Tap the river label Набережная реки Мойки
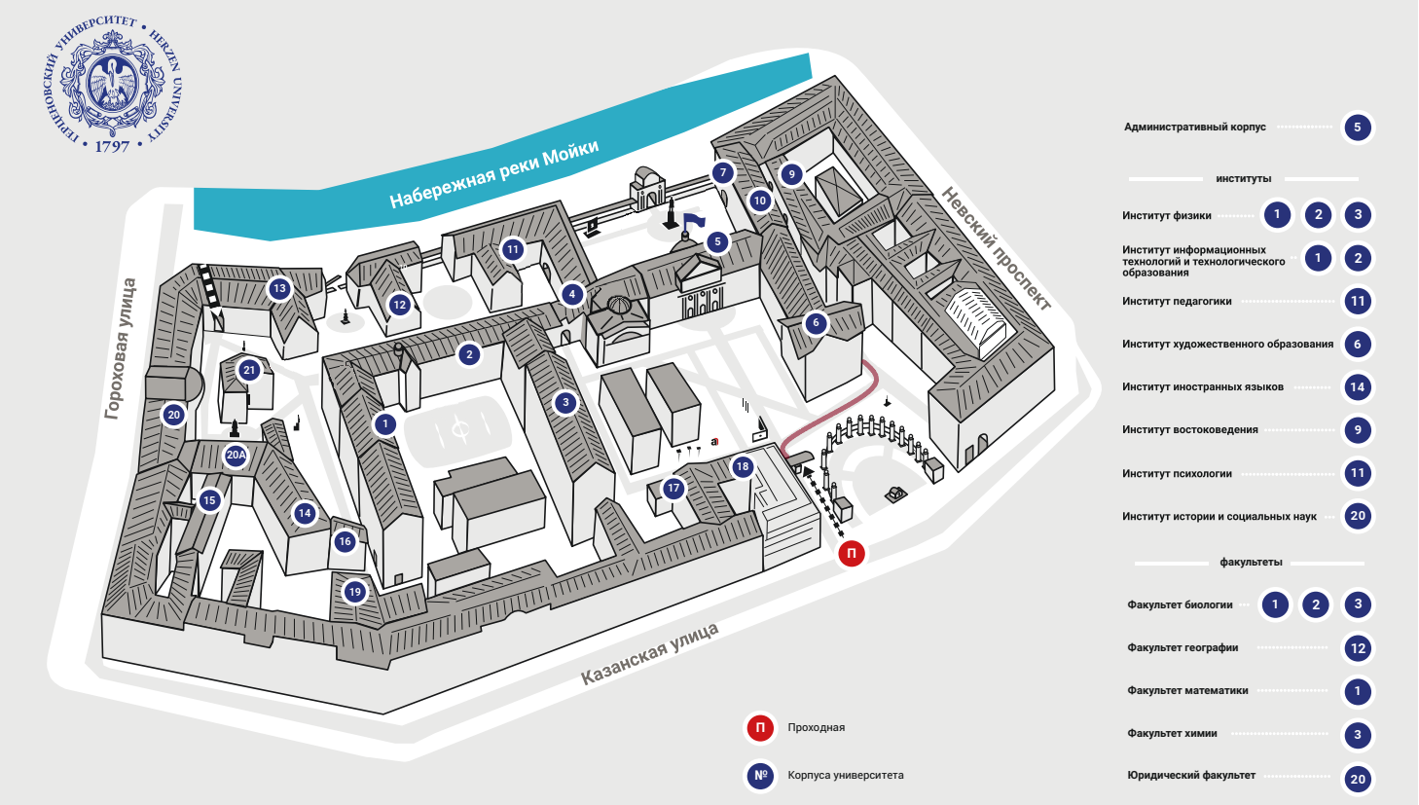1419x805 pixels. coord(493,174)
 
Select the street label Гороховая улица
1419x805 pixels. coord(121,348)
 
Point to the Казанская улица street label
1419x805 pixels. coord(649,654)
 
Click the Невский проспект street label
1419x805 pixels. coord(997,248)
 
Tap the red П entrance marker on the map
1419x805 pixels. coord(852,554)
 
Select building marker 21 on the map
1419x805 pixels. coord(249,370)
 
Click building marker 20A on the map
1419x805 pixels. coord(236,455)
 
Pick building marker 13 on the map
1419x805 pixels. coord(279,288)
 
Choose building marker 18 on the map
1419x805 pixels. coord(743,467)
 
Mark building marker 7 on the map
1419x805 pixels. coord(723,173)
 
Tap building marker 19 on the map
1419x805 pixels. coord(354,591)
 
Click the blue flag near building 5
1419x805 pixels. coord(693,221)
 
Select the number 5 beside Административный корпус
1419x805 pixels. coord(1358,128)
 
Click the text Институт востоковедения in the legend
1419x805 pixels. coord(1189,430)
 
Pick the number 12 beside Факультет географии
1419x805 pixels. coord(1358,648)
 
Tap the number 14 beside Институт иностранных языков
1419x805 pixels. coord(1358,387)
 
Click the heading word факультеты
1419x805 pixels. coord(1251,563)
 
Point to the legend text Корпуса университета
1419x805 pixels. coord(846,776)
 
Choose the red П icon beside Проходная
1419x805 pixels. coord(760,727)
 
